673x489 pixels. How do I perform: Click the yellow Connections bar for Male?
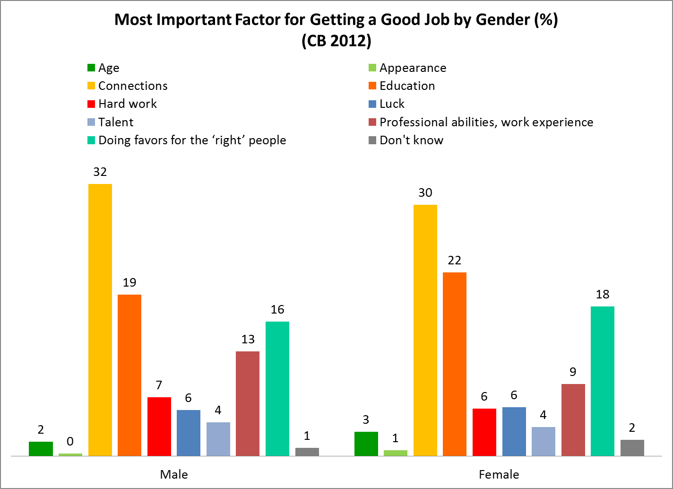[100, 320]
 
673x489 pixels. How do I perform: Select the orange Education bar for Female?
[455, 364]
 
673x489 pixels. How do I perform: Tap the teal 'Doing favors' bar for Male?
[277, 389]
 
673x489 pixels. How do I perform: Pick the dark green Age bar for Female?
[366, 444]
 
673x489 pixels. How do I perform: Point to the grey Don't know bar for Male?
[307, 452]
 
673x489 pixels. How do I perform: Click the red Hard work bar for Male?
[159, 427]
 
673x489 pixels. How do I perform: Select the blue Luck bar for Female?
[514, 431]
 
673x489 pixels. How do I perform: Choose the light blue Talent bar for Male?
[218, 439]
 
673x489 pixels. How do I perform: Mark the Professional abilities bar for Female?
[573, 420]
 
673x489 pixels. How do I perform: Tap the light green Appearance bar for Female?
[396, 453]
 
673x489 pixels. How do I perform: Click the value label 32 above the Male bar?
[100, 172]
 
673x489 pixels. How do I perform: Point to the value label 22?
[455, 261]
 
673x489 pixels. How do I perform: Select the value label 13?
[248, 339]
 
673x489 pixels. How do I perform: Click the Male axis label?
[174, 474]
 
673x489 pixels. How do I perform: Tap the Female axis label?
[499, 474]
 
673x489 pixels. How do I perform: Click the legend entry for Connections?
[133, 86]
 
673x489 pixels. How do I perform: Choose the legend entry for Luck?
[392, 104]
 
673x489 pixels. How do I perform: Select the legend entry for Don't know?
[411, 140]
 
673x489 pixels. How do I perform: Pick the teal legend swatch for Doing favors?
[91, 140]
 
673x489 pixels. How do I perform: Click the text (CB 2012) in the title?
[336, 41]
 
